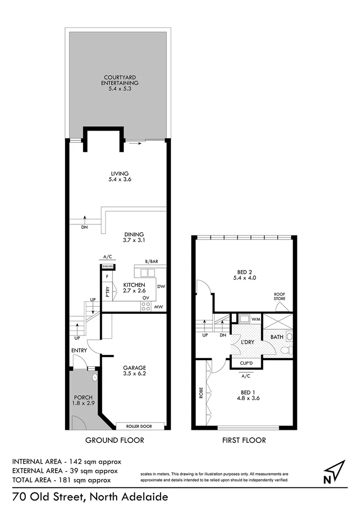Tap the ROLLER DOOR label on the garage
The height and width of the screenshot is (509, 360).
140,426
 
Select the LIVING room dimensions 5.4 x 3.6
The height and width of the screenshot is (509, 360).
118,180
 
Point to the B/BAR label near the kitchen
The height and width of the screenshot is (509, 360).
151,261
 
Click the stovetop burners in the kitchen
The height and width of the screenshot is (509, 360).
146,306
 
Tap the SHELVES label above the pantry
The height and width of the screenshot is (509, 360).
107,266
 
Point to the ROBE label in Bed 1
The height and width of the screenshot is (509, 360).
200,393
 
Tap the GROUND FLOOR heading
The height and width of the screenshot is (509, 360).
115,440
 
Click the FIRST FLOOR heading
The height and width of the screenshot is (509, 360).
244,440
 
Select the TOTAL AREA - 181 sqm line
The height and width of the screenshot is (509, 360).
62,480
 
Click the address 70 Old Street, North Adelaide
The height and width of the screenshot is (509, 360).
90,497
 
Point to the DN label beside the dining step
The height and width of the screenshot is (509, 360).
84,227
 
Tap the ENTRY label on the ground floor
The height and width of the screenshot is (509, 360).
79,351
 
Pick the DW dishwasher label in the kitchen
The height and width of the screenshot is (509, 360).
161,286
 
